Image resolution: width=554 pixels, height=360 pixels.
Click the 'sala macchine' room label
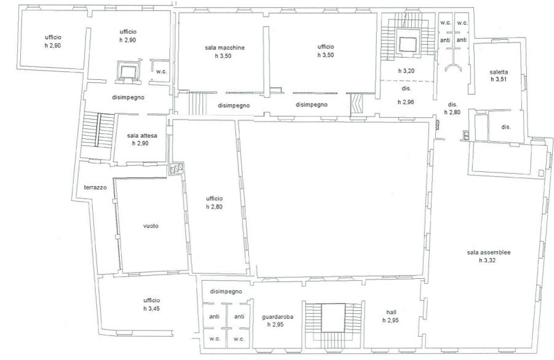click(224, 48)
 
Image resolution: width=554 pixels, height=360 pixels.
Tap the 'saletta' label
click(499, 72)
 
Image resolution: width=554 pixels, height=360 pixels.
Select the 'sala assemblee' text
click(489, 252)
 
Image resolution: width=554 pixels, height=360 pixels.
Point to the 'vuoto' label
click(151, 226)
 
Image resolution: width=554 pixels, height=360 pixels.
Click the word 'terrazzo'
click(95, 187)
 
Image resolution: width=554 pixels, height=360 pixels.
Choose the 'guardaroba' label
click(277, 317)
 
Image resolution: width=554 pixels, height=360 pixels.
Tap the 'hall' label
click(391, 312)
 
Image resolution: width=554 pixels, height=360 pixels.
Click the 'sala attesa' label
click(142, 136)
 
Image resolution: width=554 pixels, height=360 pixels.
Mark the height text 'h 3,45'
click(152, 308)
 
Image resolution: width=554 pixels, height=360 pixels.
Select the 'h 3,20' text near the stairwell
click(406, 71)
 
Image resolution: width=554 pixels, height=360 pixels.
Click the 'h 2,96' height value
click(406, 102)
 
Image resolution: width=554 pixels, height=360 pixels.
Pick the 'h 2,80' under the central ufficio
click(215, 206)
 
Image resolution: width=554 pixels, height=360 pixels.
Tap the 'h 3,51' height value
click(499, 79)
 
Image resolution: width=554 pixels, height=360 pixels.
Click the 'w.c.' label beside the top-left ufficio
click(162, 71)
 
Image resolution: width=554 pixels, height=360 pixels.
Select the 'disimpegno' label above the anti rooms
click(226, 292)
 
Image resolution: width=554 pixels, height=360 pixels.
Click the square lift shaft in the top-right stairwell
click(408, 44)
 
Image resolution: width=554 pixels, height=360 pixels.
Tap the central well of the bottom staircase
click(333, 318)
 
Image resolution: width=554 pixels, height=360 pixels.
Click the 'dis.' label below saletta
click(506, 127)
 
